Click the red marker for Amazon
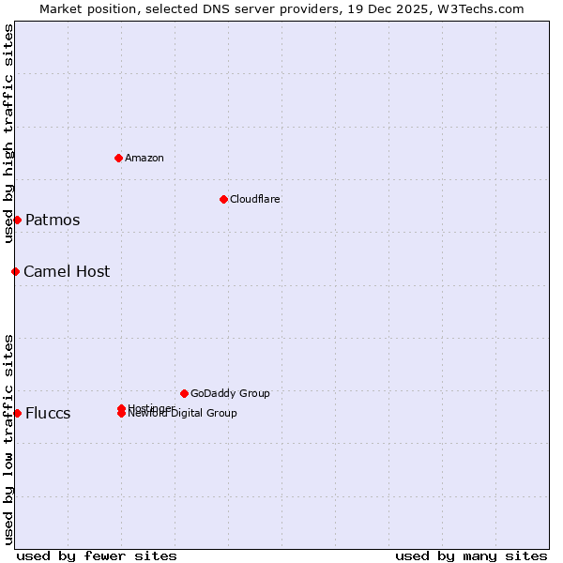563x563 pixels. point(119,158)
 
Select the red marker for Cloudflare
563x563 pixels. point(223,199)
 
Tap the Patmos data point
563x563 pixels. point(17,220)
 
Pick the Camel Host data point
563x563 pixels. point(15,271)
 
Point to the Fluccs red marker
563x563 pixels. point(17,413)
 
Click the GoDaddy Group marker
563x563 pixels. point(184,393)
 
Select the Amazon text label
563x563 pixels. point(145,158)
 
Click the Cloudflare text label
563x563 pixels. point(255,199)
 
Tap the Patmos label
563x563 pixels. point(53,221)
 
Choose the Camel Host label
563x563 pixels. point(67,272)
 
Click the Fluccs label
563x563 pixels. point(48,414)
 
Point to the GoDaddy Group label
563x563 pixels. point(230,393)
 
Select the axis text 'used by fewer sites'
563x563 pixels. point(97,555)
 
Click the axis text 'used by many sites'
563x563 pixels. point(471,555)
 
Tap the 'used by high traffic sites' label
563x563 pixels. point(8,133)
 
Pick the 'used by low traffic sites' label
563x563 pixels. point(8,439)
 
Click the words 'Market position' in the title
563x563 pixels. point(84,8)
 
